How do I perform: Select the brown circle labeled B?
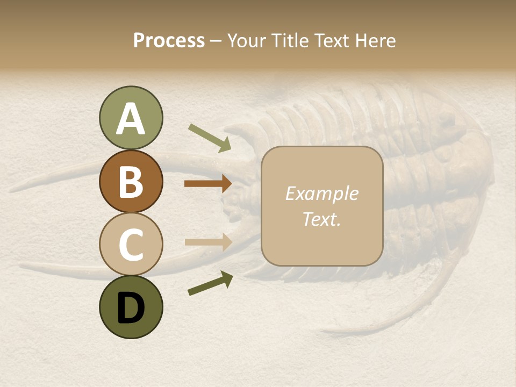click(131, 182)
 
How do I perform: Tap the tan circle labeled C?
click(131, 245)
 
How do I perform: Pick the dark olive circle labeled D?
click(131, 307)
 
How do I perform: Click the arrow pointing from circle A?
click(210, 138)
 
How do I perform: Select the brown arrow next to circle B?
click(208, 184)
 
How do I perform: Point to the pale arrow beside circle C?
click(208, 242)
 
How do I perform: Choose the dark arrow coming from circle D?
click(210, 283)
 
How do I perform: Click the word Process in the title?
click(169, 40)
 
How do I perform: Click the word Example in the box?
click(321, 193)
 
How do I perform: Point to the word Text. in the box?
click(321, 219)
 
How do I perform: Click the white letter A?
click(131, 119)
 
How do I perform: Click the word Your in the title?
click(247, 40)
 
